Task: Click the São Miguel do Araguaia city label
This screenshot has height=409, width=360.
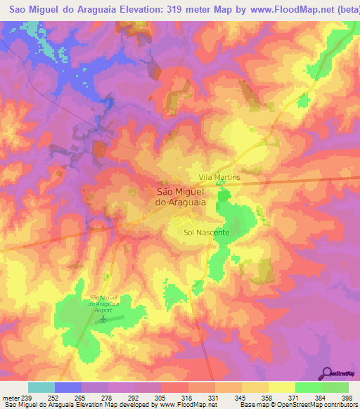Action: pos(180,196)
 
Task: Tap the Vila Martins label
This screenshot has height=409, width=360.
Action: pos(219,178)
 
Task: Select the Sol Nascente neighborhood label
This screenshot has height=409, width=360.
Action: pos(207,232)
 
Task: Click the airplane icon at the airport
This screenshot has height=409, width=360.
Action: pos(105,320)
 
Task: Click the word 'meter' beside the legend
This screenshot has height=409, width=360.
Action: pos(11,398)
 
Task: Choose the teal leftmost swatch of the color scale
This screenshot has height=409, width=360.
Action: pos(41,387)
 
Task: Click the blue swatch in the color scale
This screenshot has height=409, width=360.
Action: pos(68,387)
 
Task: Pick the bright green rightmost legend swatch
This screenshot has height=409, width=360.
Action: pos(335,387)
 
